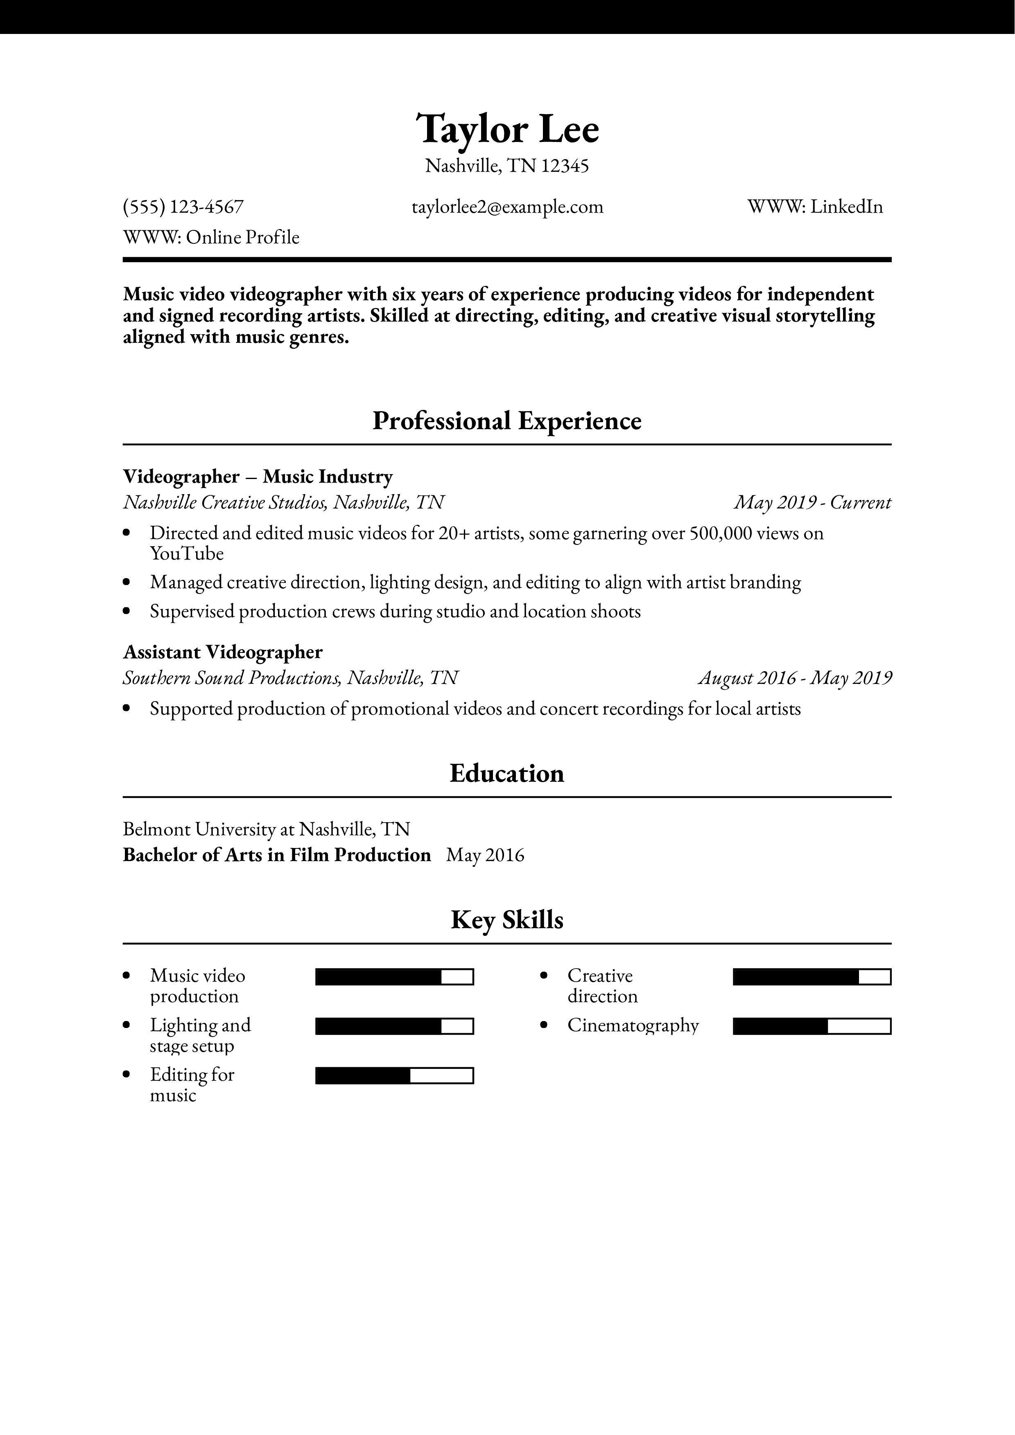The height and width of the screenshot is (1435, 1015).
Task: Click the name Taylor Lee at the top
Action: click(x=507, y=129)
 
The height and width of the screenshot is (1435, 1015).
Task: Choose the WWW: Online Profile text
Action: click(x=211, y=238)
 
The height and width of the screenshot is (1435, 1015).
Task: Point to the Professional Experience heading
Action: click(x=507, y=421)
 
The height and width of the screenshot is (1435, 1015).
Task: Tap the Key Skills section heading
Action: click(x=507, y=920)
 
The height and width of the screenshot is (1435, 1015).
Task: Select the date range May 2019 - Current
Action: click(x=812, y=502)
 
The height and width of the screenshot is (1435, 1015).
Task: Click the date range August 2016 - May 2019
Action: click(x=795, y=678)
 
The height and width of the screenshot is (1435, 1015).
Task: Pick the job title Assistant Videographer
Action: click(x=223, y=652)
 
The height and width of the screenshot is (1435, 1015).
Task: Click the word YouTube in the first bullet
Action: click(x=186, y=554)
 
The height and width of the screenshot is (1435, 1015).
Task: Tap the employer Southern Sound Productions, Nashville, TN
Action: click(x=290, y=678)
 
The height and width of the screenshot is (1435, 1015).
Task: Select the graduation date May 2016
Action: click(x=485, y=855)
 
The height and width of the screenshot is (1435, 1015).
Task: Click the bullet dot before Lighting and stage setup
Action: click(x=127, y=1025)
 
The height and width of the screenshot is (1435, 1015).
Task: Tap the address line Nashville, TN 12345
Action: click(x=507, y=166)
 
